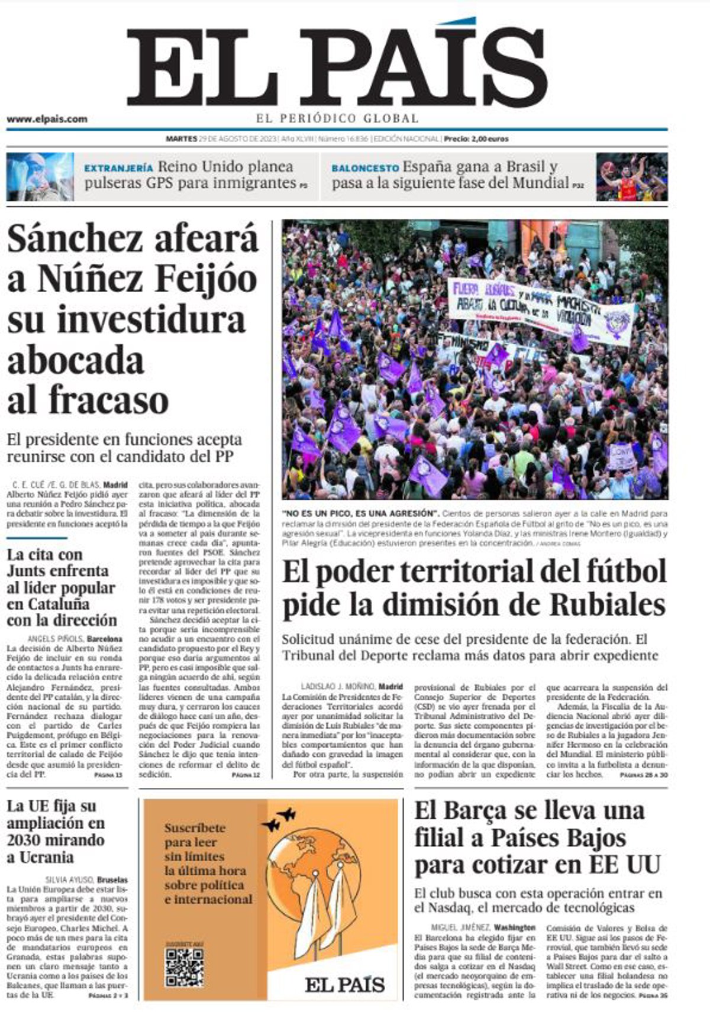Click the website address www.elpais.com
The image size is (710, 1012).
click(x=47, y=119)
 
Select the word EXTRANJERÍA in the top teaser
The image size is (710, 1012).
click(x=118, y=168)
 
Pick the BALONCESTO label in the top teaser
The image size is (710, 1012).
click(x=364, y=168)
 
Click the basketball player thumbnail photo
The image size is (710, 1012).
click(x=631, y=176)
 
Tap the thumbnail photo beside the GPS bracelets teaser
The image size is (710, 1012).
click(x=40, y=176)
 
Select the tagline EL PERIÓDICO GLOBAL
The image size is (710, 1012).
click(x=337, y=118)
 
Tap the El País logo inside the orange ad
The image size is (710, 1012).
click(x=345, y=985)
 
